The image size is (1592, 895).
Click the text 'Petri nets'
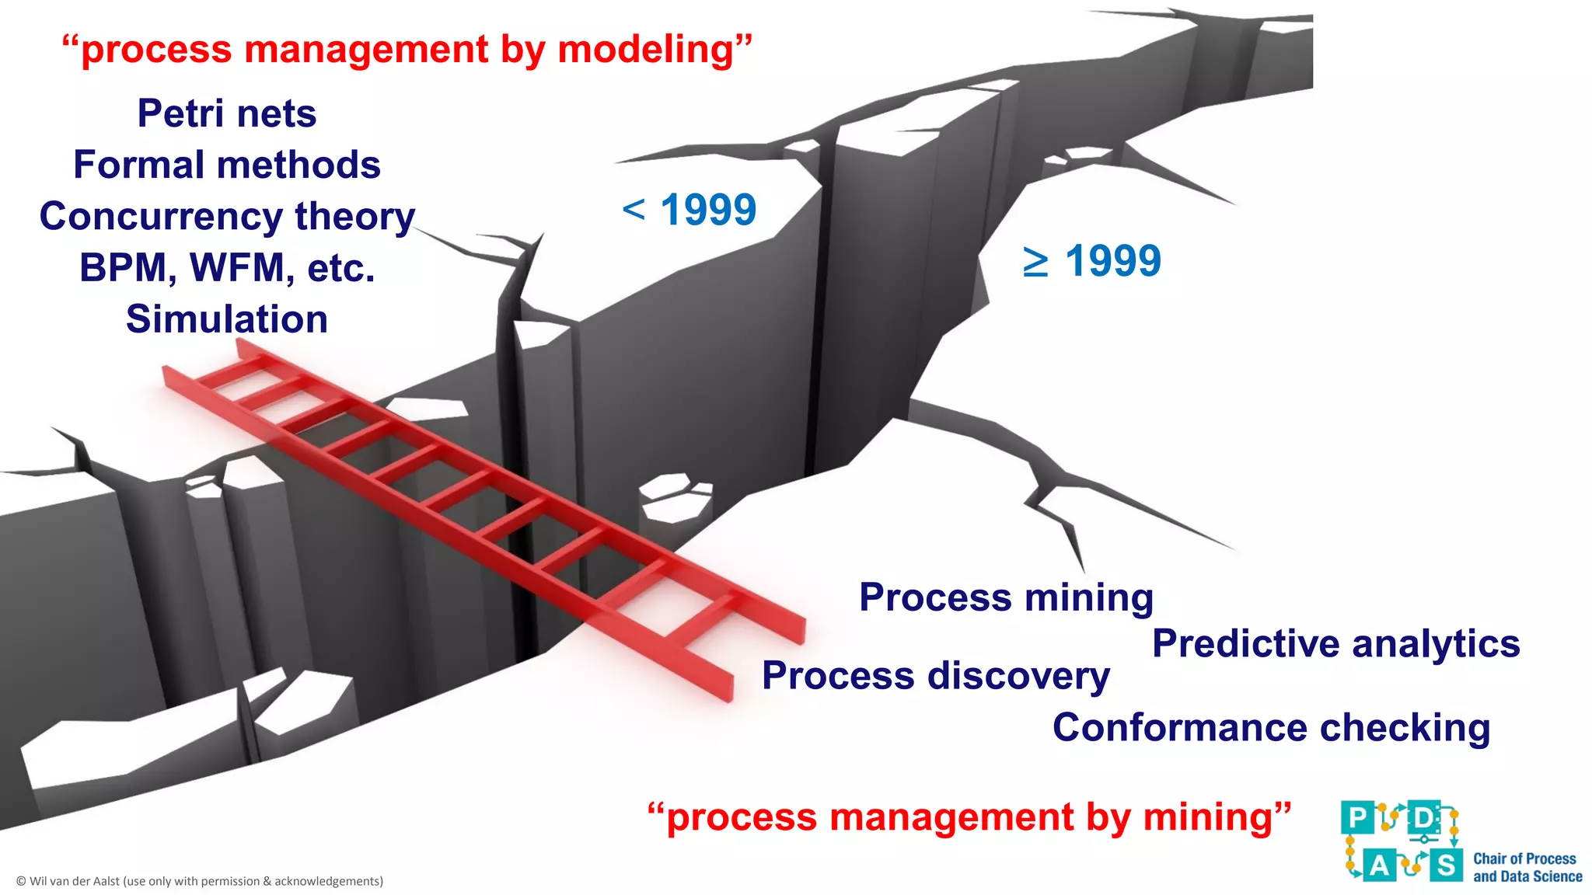(x=227, y=113)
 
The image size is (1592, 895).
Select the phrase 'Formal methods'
(x=227, y=165)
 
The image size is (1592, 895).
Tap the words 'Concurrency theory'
(x=227, y=216)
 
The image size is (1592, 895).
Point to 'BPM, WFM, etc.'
(x=227, y=268)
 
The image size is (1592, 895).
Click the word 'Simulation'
(x=227, y=319)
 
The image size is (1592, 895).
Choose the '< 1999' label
(x=690, y=209)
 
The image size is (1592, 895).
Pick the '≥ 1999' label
(x=1091, y=261)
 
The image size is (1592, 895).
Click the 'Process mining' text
(x=1006, y=597)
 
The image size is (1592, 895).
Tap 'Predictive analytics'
(x=1335, y=643)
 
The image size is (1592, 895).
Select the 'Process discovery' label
(x=936, y=675)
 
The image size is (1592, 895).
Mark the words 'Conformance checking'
(x=1271, y=728)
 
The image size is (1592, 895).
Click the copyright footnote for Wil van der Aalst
(x=200, y=881)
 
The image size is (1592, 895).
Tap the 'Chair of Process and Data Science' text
(x=1527, y=867)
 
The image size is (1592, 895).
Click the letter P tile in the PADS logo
(x=1357, y=818)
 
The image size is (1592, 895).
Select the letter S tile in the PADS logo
(x=1446, y=865)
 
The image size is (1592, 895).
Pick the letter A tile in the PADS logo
(x=1379, y=865)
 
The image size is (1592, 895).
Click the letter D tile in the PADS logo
(x=1424, y=818)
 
